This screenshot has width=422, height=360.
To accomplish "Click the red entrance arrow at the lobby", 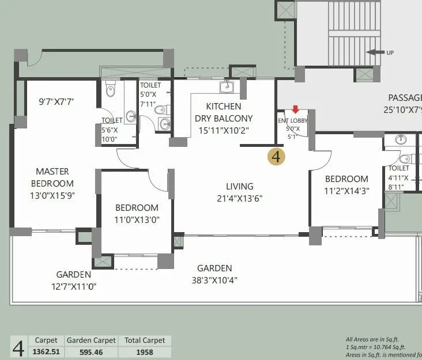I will tap(296, 109).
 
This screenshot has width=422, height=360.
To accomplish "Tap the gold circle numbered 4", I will tap(277, 156).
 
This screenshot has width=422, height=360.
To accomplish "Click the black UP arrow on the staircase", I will tap(376, 52).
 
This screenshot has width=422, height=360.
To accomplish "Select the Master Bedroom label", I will tap(52, 177).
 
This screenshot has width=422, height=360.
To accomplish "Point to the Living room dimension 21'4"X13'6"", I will tap(239, 198).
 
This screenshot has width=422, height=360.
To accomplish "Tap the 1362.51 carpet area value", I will tap(46, 351).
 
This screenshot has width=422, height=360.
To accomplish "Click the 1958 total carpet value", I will tap(145, 351).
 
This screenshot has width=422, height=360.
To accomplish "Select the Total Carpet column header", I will tap(145, 340).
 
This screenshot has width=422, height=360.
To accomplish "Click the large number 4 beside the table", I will tap(18, 347).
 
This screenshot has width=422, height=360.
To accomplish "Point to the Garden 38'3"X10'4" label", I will tap(214, 274).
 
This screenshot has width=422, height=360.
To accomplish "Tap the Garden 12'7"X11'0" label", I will tap(74, 281).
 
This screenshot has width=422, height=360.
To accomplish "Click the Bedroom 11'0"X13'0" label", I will tap(137, 213).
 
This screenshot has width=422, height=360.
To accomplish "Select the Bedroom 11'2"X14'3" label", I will tap(346, 184).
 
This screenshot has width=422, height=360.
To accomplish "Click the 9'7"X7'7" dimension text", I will tap(56, 101).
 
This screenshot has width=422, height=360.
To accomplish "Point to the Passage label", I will tap(404, 97).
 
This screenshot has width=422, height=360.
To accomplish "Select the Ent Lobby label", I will tap(293, 124).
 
